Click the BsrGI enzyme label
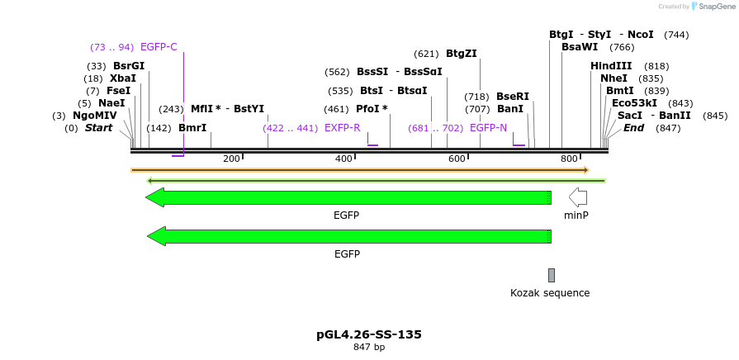(x=128, y=66)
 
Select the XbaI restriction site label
(x=123, y=78)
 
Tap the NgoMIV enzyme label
(x=94, y=116)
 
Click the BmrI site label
(x=192, y=128)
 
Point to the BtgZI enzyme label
(x=461, y=54)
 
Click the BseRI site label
(x=512, y=97)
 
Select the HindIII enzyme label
(x=611, y=66)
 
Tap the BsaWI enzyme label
(x=580, y=47)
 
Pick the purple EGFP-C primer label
(x=159, y=47)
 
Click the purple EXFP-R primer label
(x=342, y=128)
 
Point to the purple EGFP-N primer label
(x=488, y=128)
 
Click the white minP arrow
(x=578, y=197)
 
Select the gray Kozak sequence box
(x=552, y=275)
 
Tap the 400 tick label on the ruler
(x=343, y=159)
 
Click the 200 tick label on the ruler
(x=231, y=159)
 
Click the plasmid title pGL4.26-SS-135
(x=369, y=334)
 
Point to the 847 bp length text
(x=369, y=348)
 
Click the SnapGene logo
(x=712, y=7)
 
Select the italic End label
(x=633, y=128)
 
